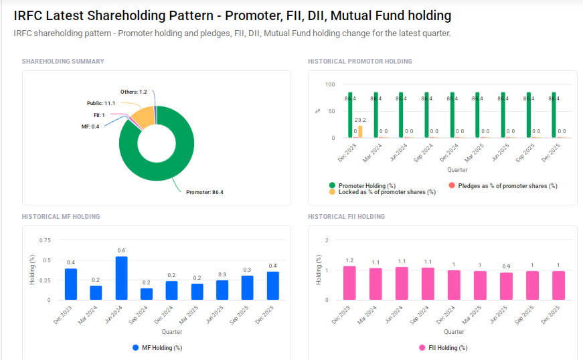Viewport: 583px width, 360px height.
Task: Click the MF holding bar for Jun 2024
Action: tap(121, 278)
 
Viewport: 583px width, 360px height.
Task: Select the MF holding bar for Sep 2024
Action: tap(147, 294)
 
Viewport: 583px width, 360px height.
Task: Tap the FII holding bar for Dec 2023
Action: tap(349, 283)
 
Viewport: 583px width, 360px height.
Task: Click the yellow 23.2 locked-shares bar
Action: tap(360, 132)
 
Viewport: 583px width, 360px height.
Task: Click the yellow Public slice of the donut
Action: tap(141, 118)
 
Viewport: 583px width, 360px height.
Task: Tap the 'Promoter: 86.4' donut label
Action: tap(204, 192)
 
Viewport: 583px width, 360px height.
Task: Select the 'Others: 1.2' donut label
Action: tap(133, 92)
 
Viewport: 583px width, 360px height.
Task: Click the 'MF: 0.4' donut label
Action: tap(90, 126)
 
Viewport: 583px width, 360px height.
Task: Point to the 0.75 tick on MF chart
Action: tap(45, 240)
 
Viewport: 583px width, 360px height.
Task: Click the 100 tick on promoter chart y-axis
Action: tap(329, 84)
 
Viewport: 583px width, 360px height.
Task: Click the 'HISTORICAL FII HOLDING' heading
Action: tap(346, 217)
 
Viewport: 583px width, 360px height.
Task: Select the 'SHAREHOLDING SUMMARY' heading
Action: tap(63, 62)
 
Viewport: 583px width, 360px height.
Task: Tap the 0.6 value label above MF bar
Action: tap(121, 250)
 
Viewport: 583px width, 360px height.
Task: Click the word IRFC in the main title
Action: tap(29, 15)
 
